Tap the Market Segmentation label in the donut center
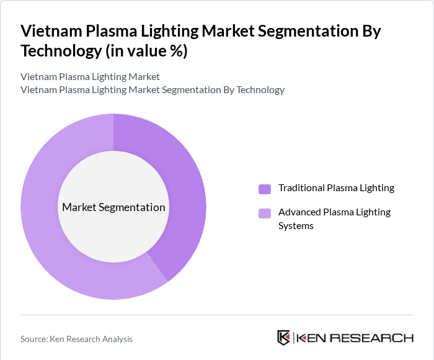click(x=113, y=207)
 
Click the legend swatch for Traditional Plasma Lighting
click(x=264, y=189)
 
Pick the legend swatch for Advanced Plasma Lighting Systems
click(x=264, y=214)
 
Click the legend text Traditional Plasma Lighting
click(x=336, y=188)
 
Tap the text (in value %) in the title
click(x=146, y=51)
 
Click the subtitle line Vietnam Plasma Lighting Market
click(x=90, y=76)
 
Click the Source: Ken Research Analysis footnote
click(x=76, y=339)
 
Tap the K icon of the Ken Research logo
click(x=283, y=338)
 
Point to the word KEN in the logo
click(x=314, y=338)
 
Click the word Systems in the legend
click(x=296, y=225)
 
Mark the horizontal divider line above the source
click(x=217, y=315)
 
